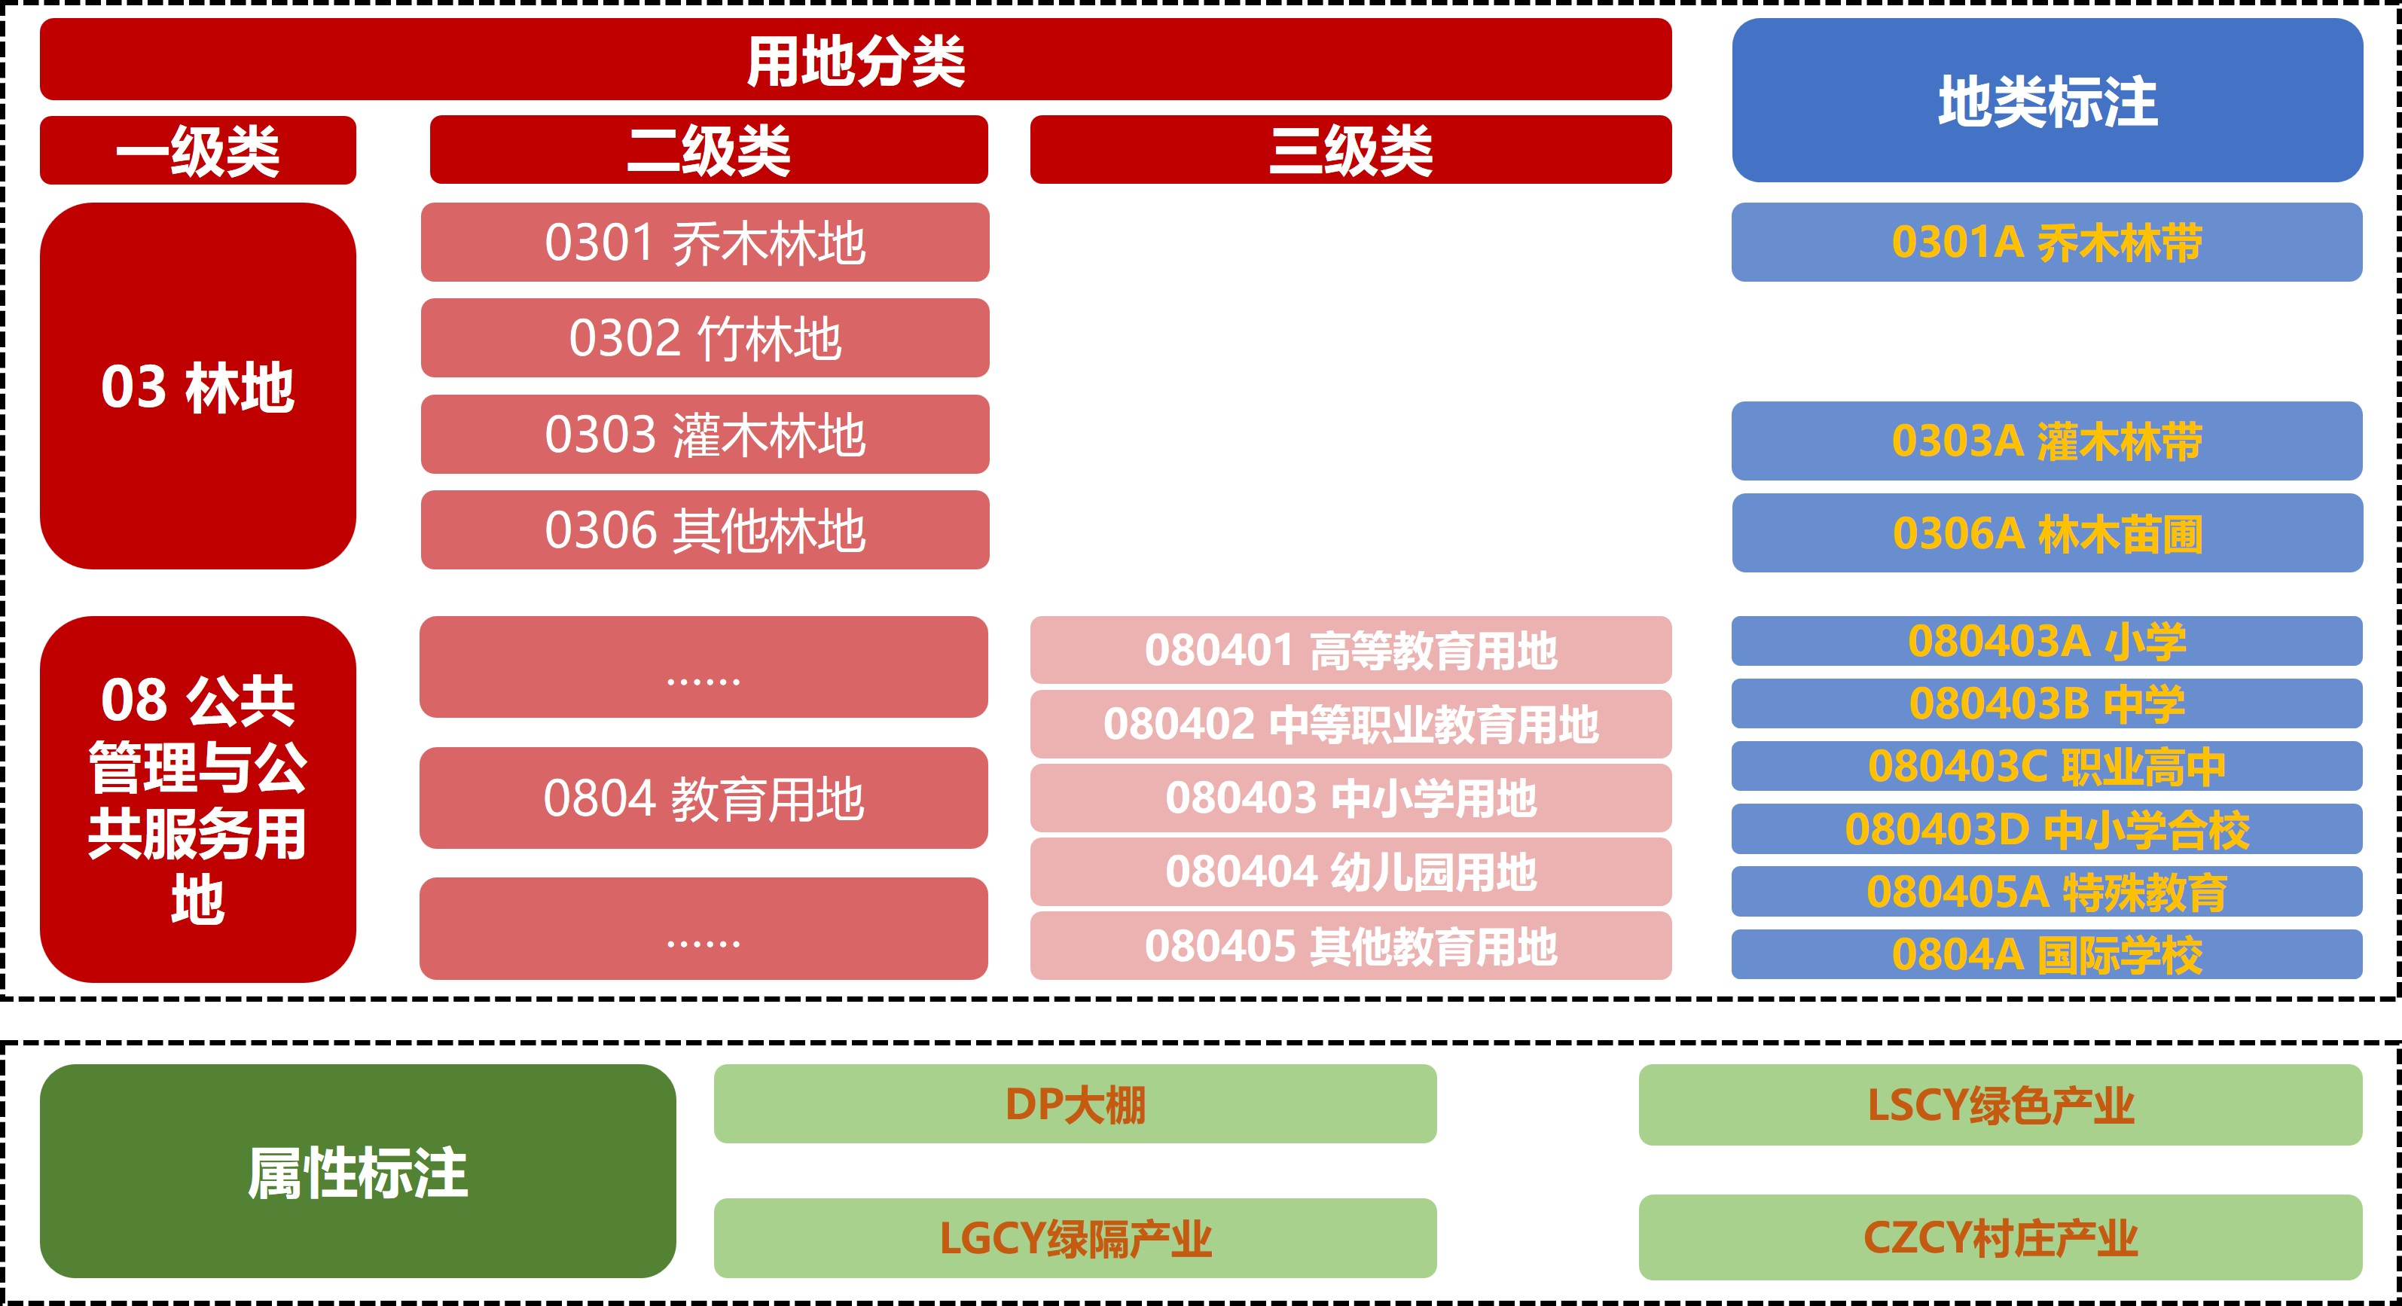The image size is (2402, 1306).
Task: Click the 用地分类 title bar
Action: click(x=855, y=60)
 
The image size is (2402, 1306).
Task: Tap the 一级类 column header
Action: click(x=197, y=150)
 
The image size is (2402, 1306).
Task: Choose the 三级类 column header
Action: click(x=1351, y=150)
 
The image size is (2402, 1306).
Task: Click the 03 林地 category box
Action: click(x=197, y=386)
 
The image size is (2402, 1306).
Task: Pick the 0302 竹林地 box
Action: click(x=705, y=337)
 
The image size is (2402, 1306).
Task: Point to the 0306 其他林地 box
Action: click(x=705, y=529)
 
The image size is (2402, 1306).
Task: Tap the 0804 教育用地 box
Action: click(x=704, y=798)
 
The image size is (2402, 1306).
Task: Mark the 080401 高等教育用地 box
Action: click(x=1351, y=650)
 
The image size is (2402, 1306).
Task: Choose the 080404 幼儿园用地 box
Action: click(x=1351, y=871)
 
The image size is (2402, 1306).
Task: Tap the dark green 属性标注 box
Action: click(x=357, y=1171)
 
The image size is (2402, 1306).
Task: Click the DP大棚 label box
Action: click(x=1075, y=1103)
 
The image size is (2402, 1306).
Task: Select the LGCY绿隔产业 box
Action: click(x=1075, y=1238)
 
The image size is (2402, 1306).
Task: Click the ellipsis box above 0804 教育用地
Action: click(x=704, y=667)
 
